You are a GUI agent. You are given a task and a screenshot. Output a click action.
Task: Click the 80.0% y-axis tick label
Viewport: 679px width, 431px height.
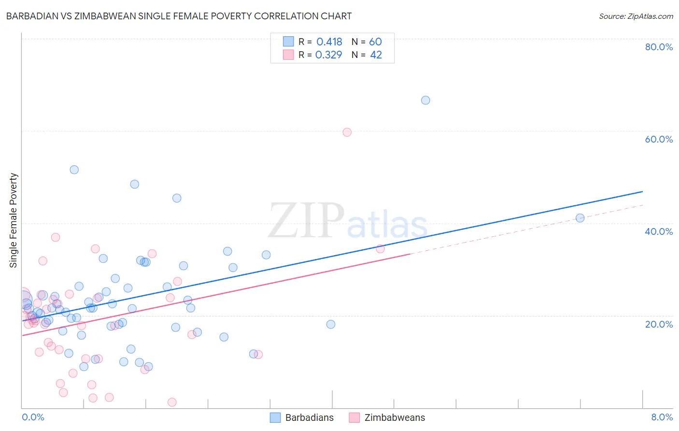[x=659, y=47]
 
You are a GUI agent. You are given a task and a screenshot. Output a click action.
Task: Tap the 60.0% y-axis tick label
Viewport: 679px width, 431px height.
[x=659, y=139]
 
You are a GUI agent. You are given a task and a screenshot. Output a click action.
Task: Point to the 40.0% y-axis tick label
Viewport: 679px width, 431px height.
[x=659, y=231]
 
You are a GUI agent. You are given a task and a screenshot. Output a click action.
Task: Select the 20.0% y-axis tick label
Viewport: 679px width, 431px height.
[x=659, y=324]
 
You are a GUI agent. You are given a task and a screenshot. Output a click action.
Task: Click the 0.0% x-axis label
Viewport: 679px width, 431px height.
[x=33, y=417]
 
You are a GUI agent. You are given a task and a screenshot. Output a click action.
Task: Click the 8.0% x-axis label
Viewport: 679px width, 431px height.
[x=662, y=417]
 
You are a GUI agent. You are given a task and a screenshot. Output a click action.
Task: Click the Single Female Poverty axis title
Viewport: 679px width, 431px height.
[x=14, y=220]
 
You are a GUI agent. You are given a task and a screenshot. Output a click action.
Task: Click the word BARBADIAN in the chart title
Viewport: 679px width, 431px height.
[x=33, y=16]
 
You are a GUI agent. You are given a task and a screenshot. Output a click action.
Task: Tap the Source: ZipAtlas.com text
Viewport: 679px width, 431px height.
[x=636, y=16]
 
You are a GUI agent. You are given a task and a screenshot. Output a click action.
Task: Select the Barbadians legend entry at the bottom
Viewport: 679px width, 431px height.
[x=302, y=417]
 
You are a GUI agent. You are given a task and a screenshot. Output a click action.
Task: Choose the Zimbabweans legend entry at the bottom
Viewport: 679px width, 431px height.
[x=387, y=417]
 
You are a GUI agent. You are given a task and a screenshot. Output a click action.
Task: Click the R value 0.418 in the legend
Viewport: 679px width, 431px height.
[x=329, y=42]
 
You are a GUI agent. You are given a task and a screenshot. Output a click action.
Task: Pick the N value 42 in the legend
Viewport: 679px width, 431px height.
[x=376, y=55]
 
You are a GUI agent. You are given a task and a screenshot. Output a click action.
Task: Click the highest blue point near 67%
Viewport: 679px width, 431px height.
[x=425, y=100]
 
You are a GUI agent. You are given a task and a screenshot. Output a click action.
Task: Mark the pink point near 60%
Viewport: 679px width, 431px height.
[x=347, y=132]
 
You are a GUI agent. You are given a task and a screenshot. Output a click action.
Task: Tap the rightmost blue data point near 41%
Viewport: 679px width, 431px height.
[x=580, y=218]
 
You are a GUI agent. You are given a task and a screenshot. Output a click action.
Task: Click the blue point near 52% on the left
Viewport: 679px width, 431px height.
[x=74, y=170]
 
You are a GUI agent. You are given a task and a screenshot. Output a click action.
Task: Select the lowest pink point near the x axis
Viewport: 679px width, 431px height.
[x=172, y=402]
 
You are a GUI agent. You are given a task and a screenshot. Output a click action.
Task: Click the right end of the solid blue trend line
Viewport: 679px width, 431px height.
[x=642, y=192]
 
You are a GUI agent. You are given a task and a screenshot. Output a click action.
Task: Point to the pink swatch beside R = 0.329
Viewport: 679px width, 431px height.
[x=288, y=55]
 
